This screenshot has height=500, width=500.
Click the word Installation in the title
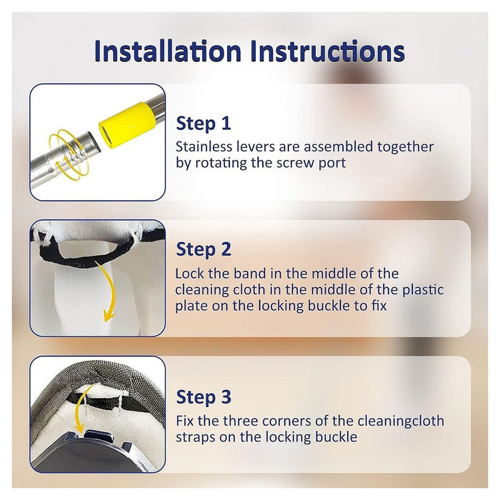click(x=167, y=51)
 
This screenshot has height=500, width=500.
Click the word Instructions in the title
click(x=327, y=51)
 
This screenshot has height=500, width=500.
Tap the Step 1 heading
click(x=203, y=123)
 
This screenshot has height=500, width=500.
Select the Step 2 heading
click(x=204, y=249)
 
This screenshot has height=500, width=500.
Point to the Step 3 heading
click(x=204, y=397)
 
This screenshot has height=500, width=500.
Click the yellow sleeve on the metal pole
click(x=127, y=125)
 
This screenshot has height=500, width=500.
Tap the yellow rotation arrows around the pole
click(x=69, y=154)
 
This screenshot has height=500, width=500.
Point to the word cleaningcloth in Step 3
click(x=401, y=421)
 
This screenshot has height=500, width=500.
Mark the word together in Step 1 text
click(x=405, y=147)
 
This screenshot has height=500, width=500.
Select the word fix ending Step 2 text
click(x=379, y=306)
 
